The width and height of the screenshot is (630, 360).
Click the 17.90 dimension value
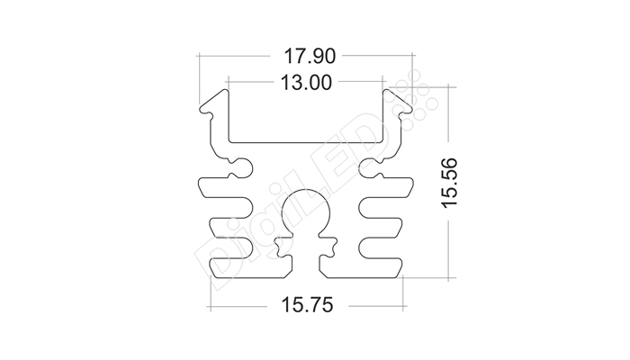coord(310,56)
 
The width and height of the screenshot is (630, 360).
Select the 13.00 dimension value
coord(306,83)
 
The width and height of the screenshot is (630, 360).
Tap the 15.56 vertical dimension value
coord(450,184)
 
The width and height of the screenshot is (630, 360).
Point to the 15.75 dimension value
coord(308,304)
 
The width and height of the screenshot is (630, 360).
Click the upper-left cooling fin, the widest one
coord(225,187)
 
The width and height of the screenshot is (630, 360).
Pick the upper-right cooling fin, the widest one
coord(386,187)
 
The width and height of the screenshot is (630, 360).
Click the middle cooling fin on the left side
coord(231,228)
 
